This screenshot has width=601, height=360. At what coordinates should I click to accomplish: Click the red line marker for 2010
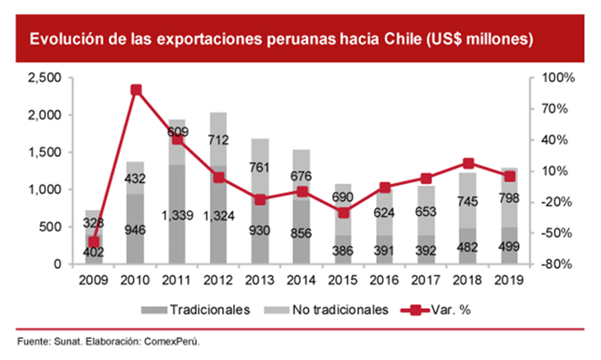coord(136,90)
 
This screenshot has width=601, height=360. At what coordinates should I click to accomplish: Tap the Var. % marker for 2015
coord(344,213)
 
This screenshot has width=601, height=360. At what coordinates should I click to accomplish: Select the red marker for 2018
coord(468,163)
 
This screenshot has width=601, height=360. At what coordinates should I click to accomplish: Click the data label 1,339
coord(177,215)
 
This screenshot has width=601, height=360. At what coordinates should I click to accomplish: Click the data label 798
coord(509,197)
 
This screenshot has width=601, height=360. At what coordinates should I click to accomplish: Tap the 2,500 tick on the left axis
coord(43,79)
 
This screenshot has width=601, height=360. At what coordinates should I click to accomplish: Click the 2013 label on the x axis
coord(260,280)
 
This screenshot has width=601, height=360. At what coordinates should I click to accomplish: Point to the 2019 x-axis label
coord(509,280)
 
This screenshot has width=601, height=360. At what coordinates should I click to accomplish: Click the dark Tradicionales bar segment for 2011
coord(177,214)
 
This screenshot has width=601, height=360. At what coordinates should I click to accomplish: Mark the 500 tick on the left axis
coord(50,228)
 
